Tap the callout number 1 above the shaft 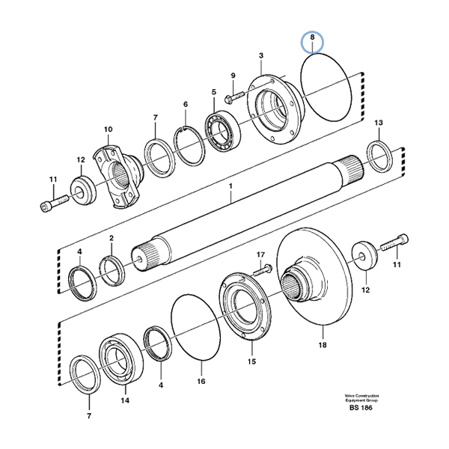231,185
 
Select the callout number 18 322,346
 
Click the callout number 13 378,122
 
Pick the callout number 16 201,381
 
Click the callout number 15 251,360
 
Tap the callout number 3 261,55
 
